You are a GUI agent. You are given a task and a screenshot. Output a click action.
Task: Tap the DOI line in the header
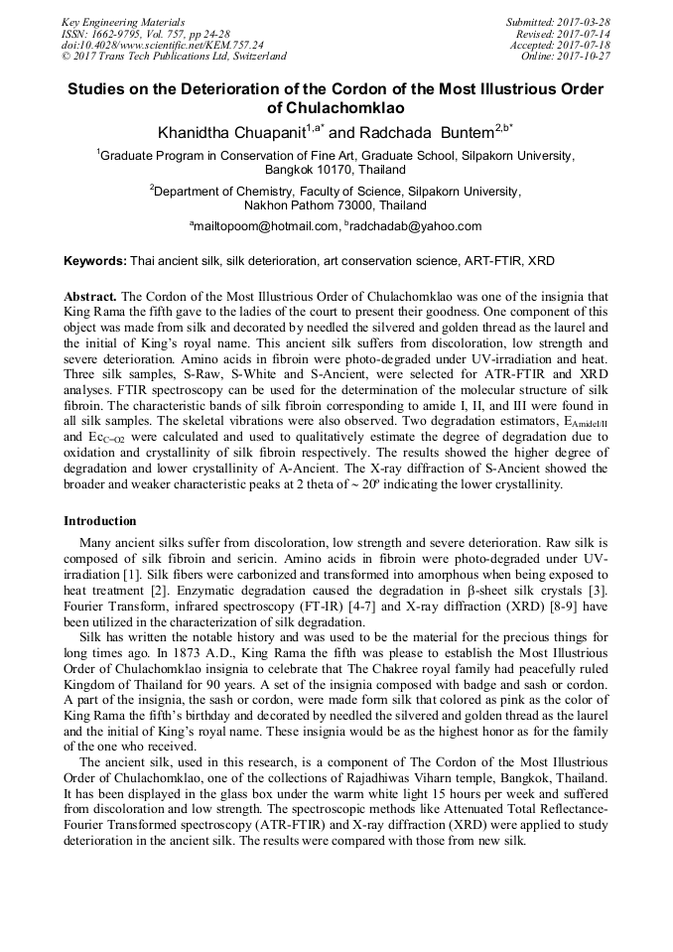click(x=163, y=45)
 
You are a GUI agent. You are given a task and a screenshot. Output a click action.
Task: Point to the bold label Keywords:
click(x=94, y=261)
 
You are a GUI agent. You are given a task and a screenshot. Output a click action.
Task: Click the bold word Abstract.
click(x=90, y=297)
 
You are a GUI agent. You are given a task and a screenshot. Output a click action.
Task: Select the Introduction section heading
click(x=100, y=521)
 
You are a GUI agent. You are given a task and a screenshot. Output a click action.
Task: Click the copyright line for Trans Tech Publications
click(x=174, y=57)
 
